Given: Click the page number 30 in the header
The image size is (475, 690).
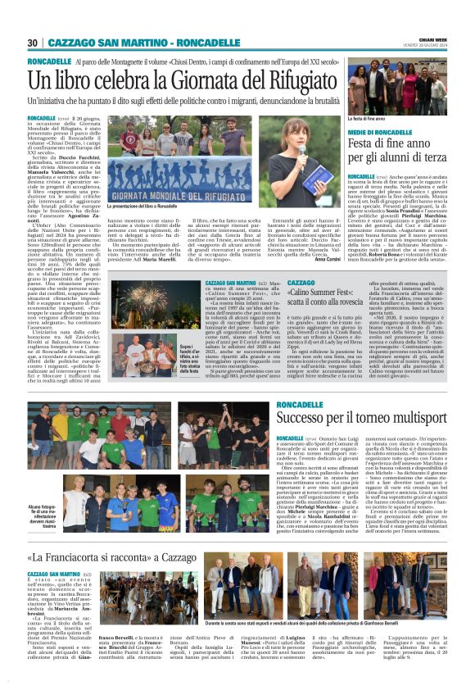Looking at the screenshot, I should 33,43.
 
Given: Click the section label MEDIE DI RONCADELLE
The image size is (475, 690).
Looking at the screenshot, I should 381,132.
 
